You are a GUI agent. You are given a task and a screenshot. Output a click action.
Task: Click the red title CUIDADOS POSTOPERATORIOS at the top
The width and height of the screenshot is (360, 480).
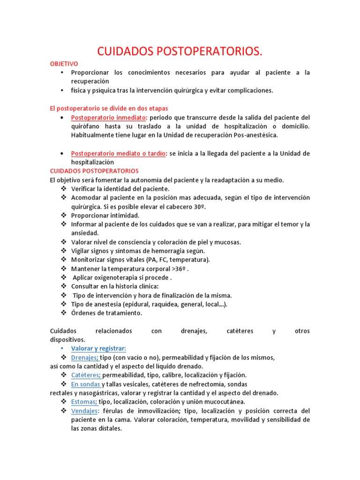coord(180,52)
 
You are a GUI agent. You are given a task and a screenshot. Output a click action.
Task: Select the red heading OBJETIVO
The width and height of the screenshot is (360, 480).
coord(64,64)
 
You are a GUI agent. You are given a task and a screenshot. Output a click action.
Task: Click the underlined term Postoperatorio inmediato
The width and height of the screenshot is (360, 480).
coord(109,117)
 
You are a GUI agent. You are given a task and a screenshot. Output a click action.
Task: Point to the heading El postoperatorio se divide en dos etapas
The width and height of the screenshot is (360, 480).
coord(109,108)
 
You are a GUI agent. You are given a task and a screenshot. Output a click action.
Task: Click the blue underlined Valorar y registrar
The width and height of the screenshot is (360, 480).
coord(98,348)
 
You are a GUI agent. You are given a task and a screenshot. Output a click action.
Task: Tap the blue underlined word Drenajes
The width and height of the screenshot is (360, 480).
coord(84,357)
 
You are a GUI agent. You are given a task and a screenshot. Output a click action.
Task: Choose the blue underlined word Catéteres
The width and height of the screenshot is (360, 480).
coord(86,375)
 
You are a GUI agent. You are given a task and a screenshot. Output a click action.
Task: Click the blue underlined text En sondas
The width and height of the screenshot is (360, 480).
coord(85,384)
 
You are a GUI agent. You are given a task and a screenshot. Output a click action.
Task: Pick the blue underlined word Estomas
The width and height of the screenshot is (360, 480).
coord(84,402)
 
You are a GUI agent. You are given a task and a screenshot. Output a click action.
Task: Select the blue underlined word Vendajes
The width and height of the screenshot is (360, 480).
coord(85,411)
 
